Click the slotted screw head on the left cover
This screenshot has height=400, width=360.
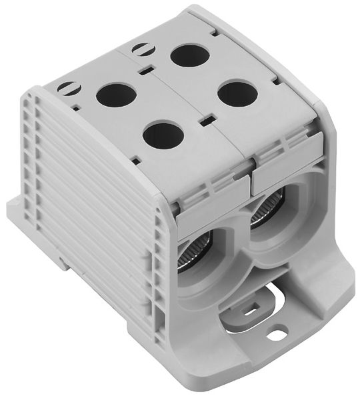click(68, 87)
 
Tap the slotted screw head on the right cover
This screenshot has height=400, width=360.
click(142, 49)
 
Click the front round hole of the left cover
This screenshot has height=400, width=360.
click(163, 135)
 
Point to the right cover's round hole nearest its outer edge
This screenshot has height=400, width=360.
click(237, 94)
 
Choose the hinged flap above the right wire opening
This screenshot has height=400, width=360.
click(287, 160)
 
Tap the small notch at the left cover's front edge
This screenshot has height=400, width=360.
click(137, 160)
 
